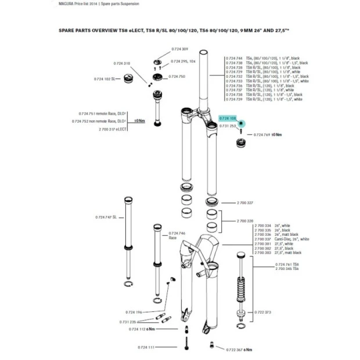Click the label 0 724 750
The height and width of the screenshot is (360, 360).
pyautogui.click(x=177, y=77)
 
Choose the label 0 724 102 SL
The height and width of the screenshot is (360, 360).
pyautogui.click(x=107, y=78)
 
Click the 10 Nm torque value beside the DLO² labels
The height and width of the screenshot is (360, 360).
pyautogui.click(x=139, y=121)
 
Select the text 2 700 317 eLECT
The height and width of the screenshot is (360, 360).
pyautogui.click(x=113, y=129)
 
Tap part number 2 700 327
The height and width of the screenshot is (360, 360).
pyautogui.click(x=246, y=203)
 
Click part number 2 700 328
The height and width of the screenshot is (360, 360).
pyautogui.click(x=246, y=221)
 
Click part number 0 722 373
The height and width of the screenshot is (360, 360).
pyautogui.click(x=264, y=312)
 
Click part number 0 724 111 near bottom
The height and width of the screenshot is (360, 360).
pyautogui.click(x=146, y=347)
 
